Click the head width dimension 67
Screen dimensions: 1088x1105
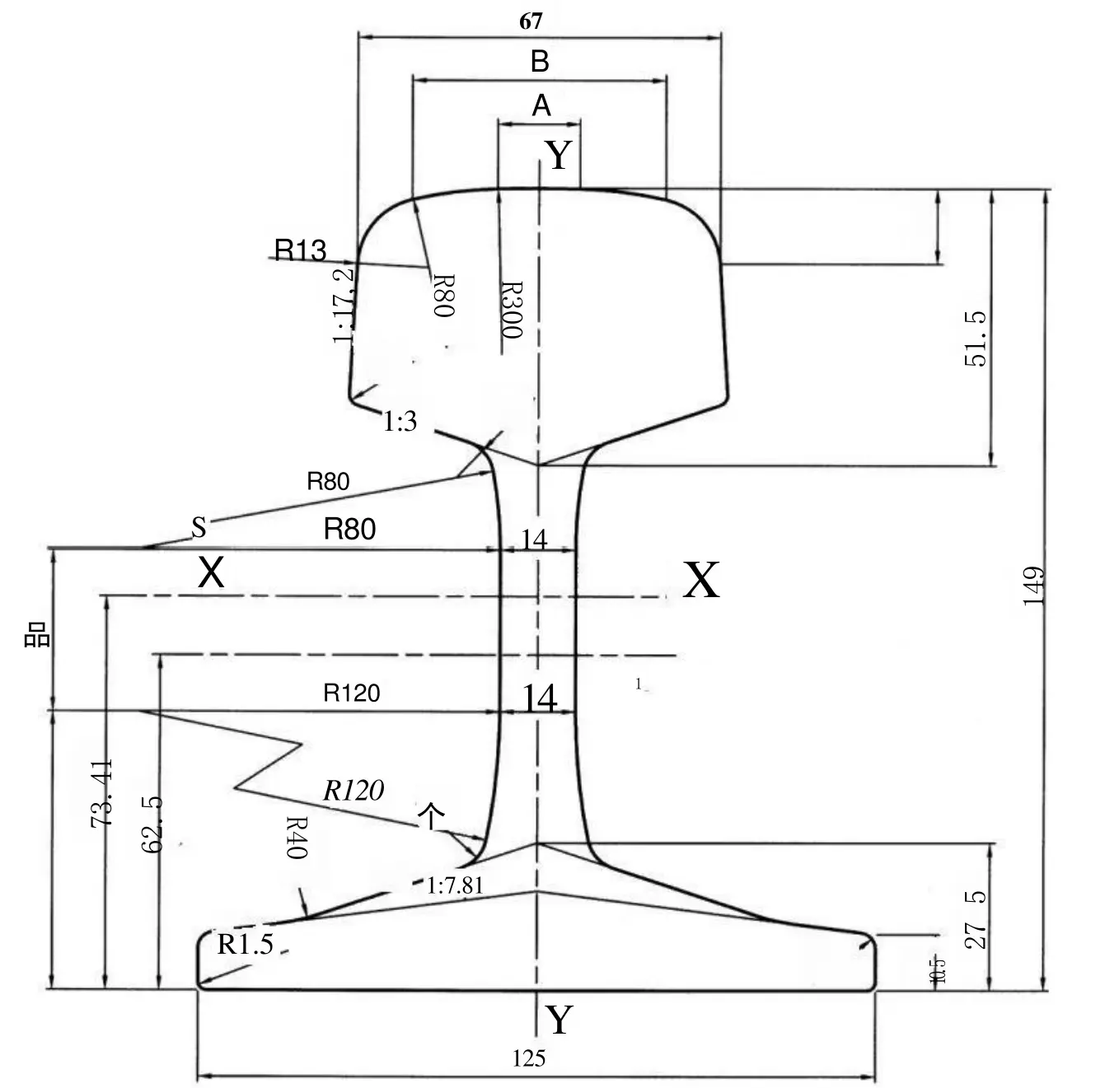click(531, 21)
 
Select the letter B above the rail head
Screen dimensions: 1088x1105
click(540, 62)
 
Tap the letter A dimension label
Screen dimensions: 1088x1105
click(541, 105)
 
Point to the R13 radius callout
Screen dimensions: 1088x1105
click(300, 250)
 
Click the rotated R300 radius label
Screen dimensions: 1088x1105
click(512, 311)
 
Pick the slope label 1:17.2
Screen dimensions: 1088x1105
click(344, 305)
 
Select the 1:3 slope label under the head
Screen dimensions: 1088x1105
click(400, 422)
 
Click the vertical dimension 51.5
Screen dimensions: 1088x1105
click(975, 339)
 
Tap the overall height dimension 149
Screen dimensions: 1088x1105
click(1033, 586)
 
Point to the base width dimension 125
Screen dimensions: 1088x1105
click(528, 1058)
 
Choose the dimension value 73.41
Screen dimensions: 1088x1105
click(103, 794)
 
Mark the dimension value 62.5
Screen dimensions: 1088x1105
click(152, 824)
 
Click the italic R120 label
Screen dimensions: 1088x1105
click(354, 791)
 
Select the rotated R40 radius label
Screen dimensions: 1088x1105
click(296, 838)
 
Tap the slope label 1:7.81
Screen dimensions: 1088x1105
click(455, 886)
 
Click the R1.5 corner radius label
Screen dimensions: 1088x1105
click(245, 944)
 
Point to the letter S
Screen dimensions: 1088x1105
click(199, 527)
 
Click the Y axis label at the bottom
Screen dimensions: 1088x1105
click(560, 1020)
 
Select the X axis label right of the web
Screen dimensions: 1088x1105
click(701, 580)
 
